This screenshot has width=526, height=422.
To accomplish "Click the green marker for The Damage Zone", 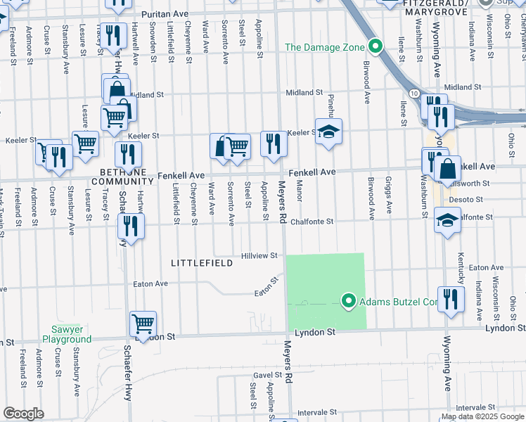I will coord(376,47).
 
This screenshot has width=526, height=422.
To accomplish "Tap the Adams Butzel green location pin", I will coord(347,302).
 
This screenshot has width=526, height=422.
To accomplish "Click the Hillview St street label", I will coord(259,256).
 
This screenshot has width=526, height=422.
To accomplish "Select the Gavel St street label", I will coord(268,376).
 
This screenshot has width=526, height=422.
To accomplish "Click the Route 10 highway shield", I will coord(415,94).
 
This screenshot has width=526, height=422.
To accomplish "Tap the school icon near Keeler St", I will coord(328,132).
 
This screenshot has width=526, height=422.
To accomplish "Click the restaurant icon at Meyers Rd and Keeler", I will coord(273,143).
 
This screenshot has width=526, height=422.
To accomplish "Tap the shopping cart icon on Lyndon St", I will coord(143,324).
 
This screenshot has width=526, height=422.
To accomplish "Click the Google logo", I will coord(23,414).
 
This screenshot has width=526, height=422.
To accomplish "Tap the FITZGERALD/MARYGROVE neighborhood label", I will coord(442,5).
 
